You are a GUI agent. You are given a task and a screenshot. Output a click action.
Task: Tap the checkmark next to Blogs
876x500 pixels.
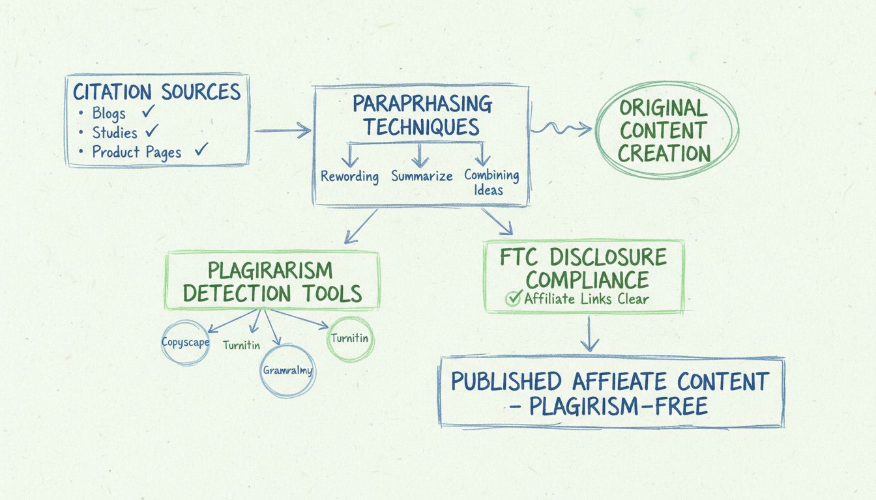pos(149,111)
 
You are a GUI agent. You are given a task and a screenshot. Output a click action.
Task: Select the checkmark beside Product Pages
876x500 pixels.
pos(201,150)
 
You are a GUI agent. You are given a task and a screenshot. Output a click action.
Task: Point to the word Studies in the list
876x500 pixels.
pos(115,133)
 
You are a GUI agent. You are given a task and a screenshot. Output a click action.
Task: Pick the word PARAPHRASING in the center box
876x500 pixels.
pos(422,103)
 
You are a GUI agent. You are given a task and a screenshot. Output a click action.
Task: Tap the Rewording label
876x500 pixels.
pos(349,176)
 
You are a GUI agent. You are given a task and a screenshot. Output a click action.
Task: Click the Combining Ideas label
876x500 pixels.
pos(491,182)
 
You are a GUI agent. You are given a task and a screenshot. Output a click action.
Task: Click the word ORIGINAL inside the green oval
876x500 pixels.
pos(664,107)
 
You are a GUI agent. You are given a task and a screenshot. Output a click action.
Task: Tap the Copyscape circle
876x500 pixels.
pos(185,342)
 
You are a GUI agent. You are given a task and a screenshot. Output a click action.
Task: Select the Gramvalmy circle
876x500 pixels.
pos(287,370)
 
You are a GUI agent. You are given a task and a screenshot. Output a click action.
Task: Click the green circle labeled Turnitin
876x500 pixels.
pos(350,338)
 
